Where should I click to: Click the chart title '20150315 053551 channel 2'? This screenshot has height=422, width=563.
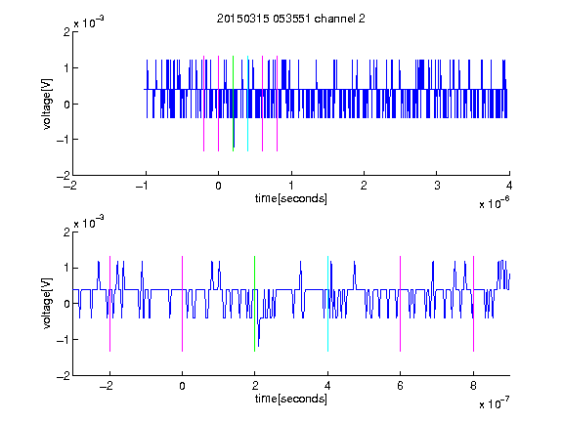tap(291, 19)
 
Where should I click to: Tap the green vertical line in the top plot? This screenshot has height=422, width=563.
tap(233, 104)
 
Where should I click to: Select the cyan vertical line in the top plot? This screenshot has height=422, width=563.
tap(247, 104)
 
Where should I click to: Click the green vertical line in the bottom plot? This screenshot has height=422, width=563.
tap(254, 304)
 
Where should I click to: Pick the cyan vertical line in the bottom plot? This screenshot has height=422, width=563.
tap(327, 304)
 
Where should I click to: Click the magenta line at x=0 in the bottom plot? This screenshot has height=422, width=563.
tap(183, 304)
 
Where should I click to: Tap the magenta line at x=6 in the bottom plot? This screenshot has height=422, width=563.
tap(401, 304)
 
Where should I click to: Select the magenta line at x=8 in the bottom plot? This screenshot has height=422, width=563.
tap(474, 304)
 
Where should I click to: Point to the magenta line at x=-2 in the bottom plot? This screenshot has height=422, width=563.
tap(109, 304)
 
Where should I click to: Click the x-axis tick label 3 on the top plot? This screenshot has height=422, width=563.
tap(437, 186)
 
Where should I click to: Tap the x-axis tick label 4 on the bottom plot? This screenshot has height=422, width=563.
tap(327, 386)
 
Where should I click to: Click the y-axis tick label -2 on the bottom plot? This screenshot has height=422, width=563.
tap(64, 376)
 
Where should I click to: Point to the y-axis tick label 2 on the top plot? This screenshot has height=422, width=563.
tap(66, 32)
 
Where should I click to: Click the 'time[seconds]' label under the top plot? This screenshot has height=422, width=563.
tap(291, 198)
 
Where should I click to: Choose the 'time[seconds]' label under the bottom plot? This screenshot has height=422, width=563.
tap(291, 399)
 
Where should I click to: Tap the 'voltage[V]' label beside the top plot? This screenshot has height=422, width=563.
tap(47, 104)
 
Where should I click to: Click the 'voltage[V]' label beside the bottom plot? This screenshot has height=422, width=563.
tap(47, 304)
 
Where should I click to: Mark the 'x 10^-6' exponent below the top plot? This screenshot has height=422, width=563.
tap(494, 203)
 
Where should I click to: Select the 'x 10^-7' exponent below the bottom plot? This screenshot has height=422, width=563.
tap(494, 403)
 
